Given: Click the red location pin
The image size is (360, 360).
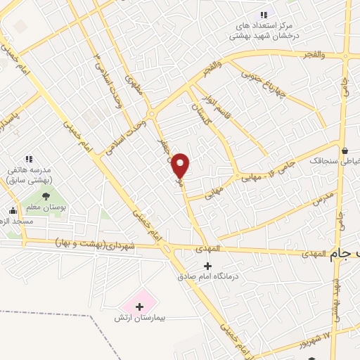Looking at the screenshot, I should pyautogui.click(x=181, y=165).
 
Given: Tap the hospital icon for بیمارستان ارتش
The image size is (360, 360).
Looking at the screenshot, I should pyautogui.click(x=139, y=307).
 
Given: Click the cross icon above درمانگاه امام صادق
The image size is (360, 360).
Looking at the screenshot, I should pyautogui.click(x=207, y=266).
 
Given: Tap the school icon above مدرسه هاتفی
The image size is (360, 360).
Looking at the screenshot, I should pyautogui.click(x=30, y=160).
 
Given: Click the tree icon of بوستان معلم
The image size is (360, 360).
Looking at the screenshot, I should pyautogui.click(x=46, y=196).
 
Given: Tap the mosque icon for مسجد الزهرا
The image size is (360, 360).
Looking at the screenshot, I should pyautogui.click(x=13, y=210).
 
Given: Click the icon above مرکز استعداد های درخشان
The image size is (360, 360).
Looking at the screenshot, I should pyautogui.click(x=264, y=15).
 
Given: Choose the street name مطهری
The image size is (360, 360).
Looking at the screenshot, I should pyautogui.click(x=133, y=88).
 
